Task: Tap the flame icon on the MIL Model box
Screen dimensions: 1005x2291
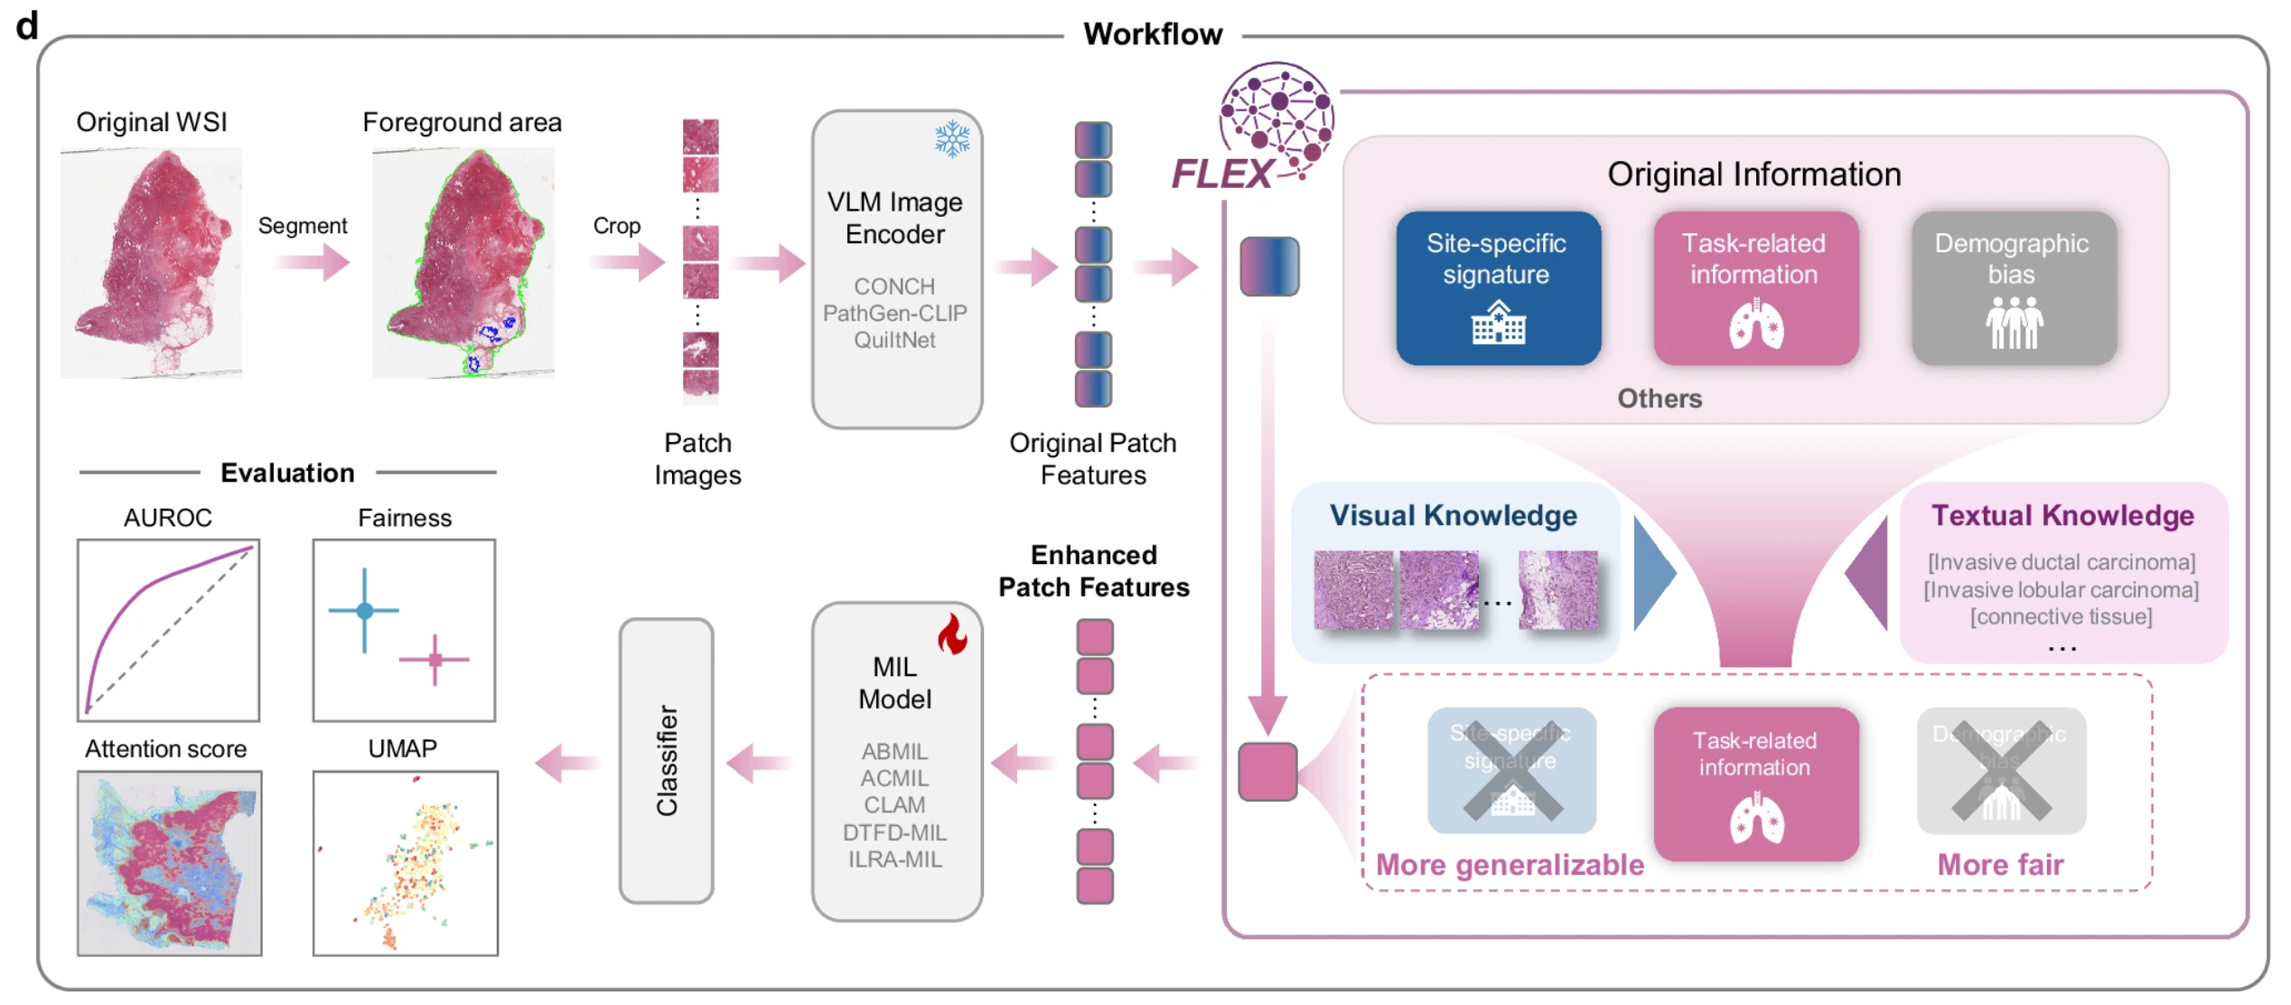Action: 952,634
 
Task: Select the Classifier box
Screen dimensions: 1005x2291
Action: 667,760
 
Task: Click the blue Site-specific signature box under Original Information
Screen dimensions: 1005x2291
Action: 1498,288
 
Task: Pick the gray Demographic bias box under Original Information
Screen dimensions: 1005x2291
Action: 2014,288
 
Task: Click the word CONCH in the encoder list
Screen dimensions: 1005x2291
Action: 894,286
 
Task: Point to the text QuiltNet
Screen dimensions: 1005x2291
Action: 894,341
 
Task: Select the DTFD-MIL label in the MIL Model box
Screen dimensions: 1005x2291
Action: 894,832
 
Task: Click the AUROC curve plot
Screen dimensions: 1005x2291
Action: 169,630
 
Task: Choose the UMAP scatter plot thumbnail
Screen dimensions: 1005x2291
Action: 406,863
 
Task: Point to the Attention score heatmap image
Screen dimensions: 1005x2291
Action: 169,863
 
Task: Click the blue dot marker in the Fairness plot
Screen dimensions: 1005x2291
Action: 365,611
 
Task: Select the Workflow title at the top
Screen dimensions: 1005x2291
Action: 1153,34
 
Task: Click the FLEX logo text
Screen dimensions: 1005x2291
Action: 1222,174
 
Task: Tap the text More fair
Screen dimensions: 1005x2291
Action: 2000,865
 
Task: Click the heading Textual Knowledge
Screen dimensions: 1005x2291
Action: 2062,515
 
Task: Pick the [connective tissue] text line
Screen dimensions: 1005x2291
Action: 2061,617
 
